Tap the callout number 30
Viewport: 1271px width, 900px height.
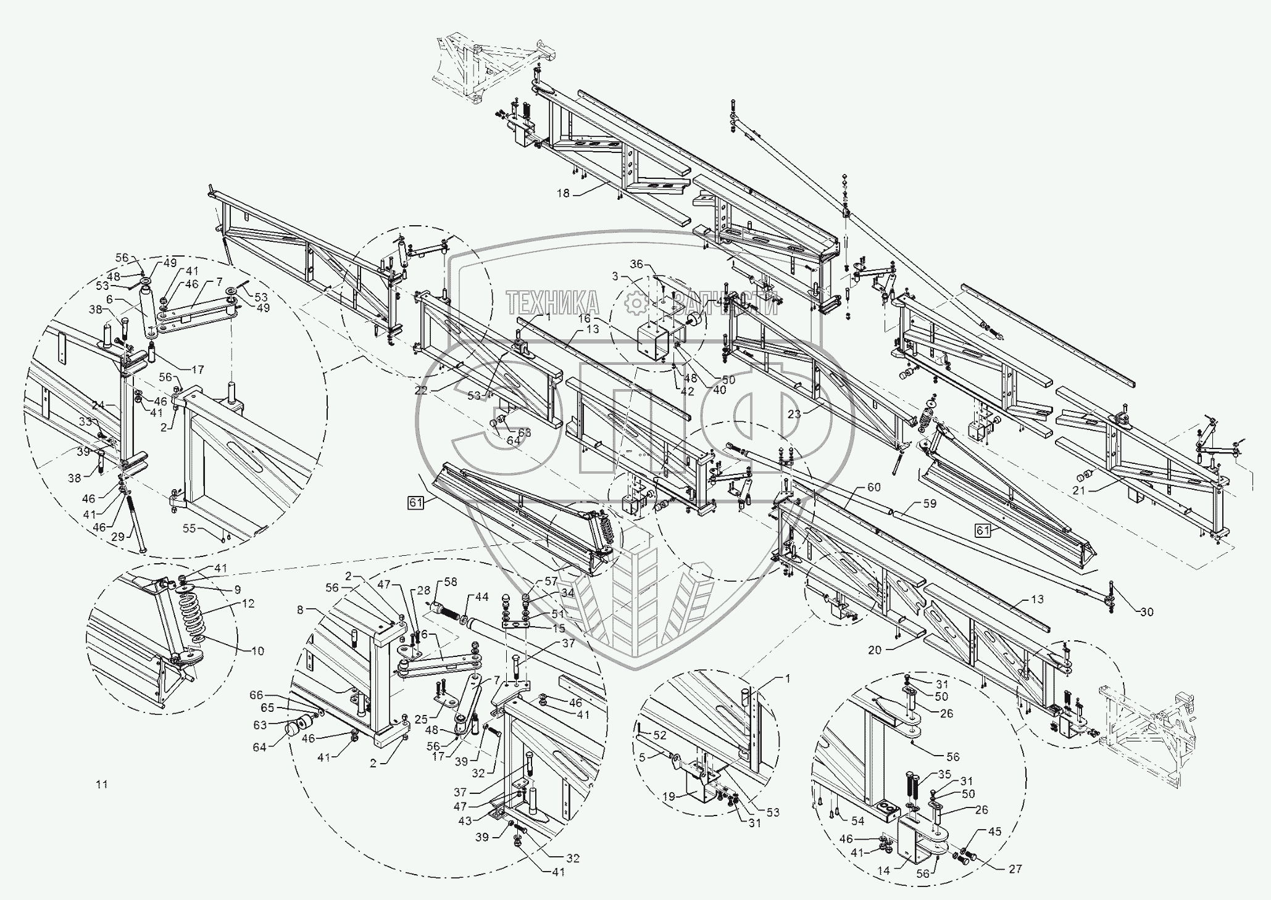tap(1146, 612)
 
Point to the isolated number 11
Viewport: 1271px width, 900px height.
tap(102, 785)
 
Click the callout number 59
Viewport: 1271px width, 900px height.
tap(929, 503)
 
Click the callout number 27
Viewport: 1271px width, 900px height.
tap(1015, 869)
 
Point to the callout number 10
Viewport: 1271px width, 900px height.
tap(257, 650)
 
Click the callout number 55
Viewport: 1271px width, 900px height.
tap(189, 529)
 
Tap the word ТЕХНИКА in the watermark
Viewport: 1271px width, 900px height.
tap(553, 302)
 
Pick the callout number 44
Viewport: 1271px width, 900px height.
tap(482, 597)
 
